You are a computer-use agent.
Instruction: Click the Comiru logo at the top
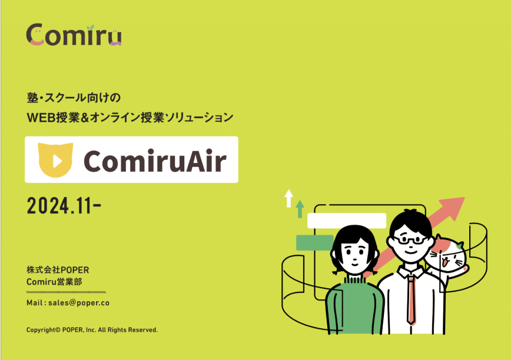click(74, 35)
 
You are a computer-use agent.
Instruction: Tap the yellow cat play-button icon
click(55, 160)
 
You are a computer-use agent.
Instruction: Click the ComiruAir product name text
click(155, 161)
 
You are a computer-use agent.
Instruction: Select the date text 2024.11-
click(64, 206)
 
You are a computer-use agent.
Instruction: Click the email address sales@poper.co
click(79, 303)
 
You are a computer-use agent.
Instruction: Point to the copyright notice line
click(92, 330)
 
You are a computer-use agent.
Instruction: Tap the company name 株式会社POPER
click(58, 270)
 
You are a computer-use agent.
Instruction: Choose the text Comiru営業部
click(54, 282)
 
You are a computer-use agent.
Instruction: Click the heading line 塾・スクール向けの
click(74, 98)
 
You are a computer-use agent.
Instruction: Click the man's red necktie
click(412, 299)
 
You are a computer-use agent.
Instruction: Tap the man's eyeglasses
click(410, 240)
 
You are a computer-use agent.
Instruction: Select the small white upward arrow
click(288, 199)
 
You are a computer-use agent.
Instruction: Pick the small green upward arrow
click(300, 209)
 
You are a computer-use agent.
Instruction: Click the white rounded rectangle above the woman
click(347, 221)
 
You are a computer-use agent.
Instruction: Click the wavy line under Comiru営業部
click(66, 292)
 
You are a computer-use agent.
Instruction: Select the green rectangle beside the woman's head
click(314, 242)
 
